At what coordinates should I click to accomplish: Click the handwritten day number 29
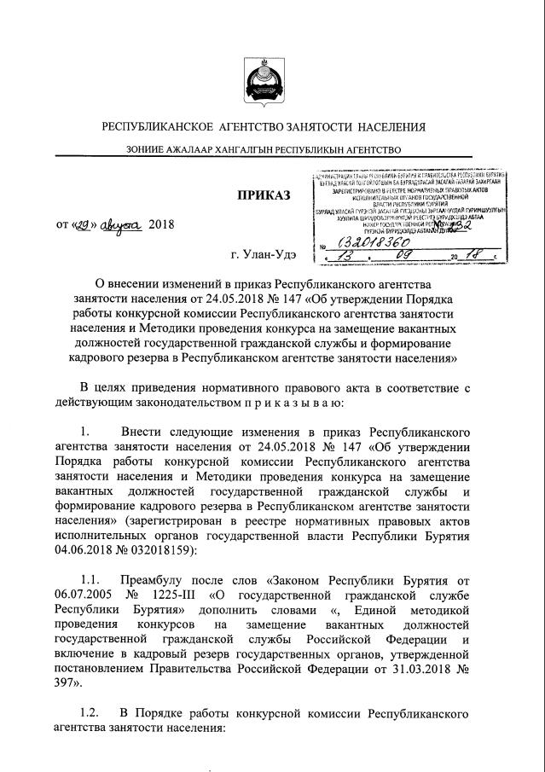tap(84, 225)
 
